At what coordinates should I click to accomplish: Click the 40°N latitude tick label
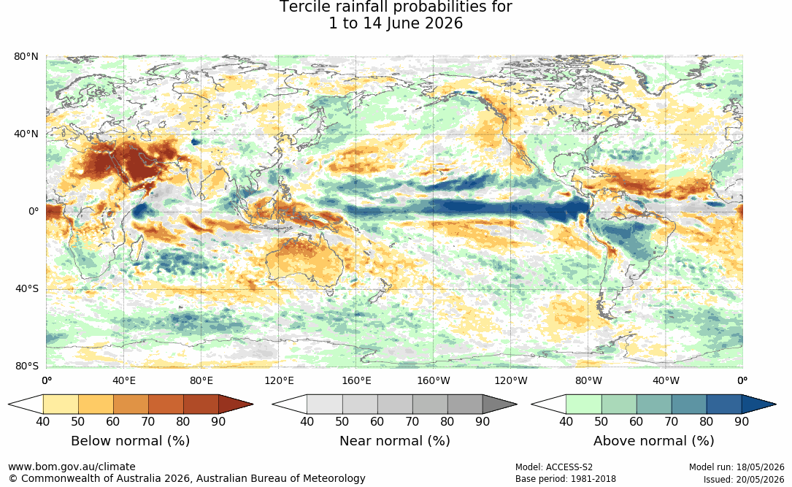pos(26,134)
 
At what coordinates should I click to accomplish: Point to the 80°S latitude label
pos(26,367)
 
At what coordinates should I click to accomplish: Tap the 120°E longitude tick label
pos(279,380)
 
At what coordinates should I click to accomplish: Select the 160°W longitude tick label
pos(434,380)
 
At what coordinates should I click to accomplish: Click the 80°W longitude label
pos(588,380)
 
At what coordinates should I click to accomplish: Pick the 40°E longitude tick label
pos(124,380)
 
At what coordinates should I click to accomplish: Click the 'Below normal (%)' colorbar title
pos(131,440)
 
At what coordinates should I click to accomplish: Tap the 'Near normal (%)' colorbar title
pos(394,440)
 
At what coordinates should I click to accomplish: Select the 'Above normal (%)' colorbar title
pos(653,440)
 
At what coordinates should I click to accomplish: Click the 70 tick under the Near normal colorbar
pos(412,421)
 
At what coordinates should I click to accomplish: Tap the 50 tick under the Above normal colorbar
pos(601,421)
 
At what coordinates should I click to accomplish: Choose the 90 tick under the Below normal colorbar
pos(218,421)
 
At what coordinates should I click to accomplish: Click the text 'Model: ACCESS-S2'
pos(554,467)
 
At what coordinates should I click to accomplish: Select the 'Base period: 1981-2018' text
pos(566,479)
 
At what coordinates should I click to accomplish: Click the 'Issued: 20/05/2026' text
pos(744,479)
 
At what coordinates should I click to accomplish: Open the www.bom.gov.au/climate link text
pos(72,467)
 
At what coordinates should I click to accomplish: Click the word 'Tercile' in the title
pos(299,7)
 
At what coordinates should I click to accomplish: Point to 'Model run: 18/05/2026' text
pos(737,467)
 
